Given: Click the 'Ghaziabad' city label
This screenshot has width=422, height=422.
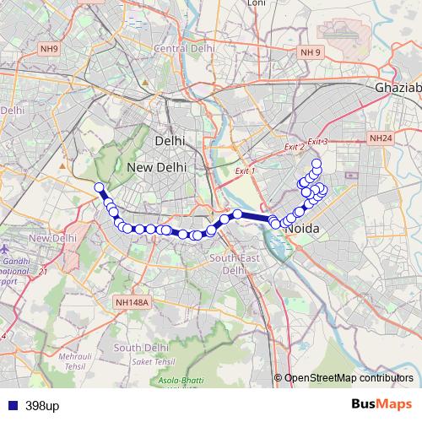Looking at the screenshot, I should (x=397, y=88).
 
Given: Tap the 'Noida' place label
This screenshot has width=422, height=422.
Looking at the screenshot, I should (x=301, y=229).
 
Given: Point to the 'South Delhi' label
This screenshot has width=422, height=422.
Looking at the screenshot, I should (x=138, y=348).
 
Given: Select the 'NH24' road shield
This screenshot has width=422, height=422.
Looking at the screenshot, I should (x=381, y=138).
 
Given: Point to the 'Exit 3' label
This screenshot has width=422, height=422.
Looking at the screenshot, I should (x=317, y=142).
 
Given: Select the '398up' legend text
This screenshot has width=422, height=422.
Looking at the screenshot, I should (x=42, y=406).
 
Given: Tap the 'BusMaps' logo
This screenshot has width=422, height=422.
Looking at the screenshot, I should (x=381, y=405).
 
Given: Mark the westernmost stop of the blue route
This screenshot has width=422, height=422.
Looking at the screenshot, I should (x=99, y=187).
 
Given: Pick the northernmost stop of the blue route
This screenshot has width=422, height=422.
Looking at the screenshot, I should (x=316, y=163).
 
